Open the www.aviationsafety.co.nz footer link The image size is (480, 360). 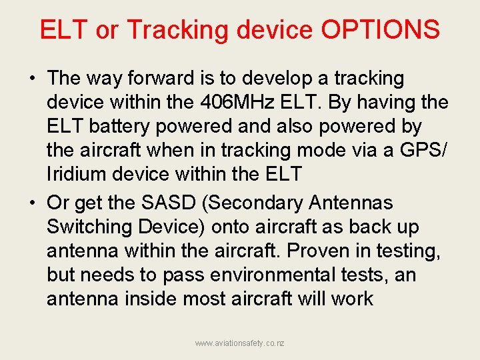[239, 343]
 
